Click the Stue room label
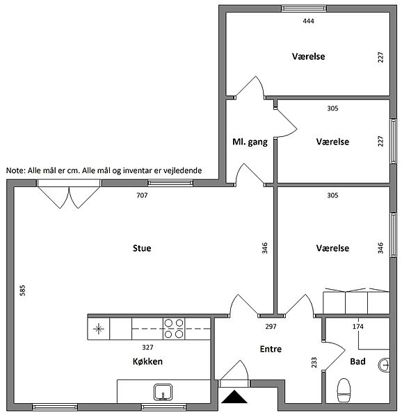point(142,248)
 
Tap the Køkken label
point(147,361)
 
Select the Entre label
point(271,349)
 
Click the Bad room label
point(357,361)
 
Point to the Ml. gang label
point(250,142)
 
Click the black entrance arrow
point(234,397)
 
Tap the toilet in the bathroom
point(344,390)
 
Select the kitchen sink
point(163,392)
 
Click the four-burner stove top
point(174,329)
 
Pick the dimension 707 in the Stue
point(142,195)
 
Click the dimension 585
point(23,291)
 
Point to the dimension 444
point(308,21)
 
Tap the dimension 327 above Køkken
point(147,347)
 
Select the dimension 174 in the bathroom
point(358,327)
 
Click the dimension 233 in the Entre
point(314,363)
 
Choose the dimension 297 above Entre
point(271,327)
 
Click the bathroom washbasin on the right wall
point(384,365)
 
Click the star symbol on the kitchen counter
point(99,329)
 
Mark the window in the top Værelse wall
point(304,8)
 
